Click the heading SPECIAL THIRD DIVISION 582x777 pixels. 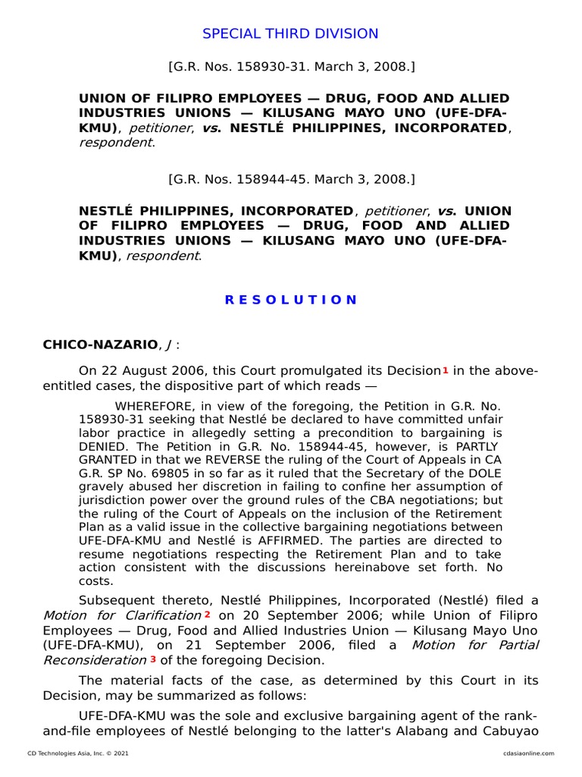291,33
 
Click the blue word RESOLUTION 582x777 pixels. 291,300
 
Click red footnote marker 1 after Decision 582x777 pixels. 446,370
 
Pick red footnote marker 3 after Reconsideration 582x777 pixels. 152,659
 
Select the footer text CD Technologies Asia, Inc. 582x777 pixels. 68,753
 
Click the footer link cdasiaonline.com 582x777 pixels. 527,753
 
